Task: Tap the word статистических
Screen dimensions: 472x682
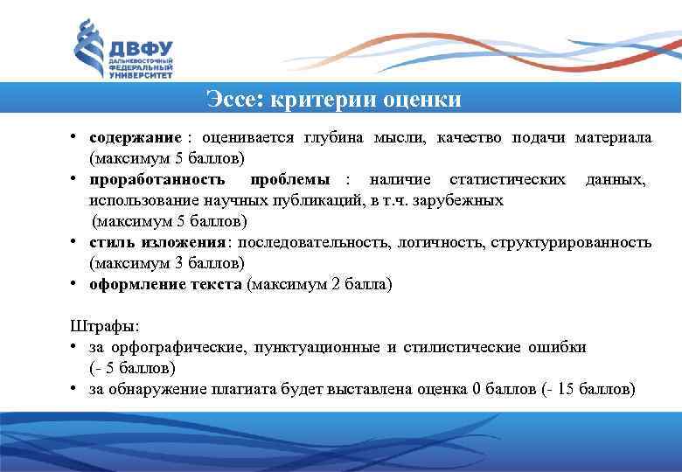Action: click(x=507, y=180)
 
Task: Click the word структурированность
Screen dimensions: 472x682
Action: click(x=572, y=242)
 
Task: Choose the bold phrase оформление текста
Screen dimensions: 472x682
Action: click(x=167, y=284)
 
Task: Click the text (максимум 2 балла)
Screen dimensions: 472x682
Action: click(x=321, y=284)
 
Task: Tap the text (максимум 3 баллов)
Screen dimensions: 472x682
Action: click(x=167, y=263)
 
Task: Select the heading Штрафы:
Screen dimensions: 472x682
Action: click(x=104, y=326)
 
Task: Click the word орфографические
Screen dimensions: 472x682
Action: click(x=177, y=347)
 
